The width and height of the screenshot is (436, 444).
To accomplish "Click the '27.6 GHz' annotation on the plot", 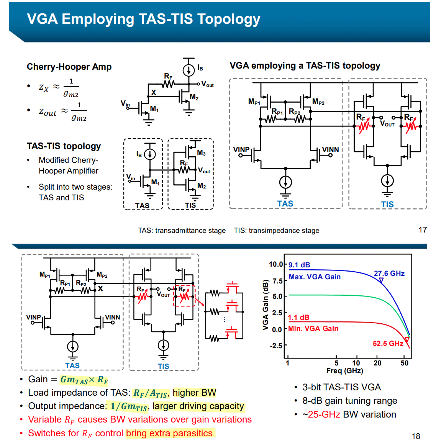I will click(389, 273).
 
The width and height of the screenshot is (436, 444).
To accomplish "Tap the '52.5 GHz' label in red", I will click(388, 343).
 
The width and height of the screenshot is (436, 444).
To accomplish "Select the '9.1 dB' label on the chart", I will click(299, 265).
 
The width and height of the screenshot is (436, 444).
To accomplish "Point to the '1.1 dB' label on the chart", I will click(298, 317).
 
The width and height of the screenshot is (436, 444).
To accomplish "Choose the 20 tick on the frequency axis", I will click(377, 363).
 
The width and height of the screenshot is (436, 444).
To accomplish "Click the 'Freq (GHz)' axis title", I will click(344, 370).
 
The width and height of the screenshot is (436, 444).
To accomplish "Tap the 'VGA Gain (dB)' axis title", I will click(265, 305).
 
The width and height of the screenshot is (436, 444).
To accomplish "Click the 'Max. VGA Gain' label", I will click(315, 277).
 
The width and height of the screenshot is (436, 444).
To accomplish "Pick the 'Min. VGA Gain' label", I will click(313, 328).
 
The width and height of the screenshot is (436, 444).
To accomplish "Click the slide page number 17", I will click(423, 230).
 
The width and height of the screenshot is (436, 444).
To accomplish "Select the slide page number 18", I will click(416, 436).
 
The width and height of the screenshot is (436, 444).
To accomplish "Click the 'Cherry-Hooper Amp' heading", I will click(69, 67).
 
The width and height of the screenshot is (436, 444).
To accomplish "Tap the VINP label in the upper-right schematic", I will click(241, 149).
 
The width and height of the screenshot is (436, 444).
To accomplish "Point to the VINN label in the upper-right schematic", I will click(330, 149).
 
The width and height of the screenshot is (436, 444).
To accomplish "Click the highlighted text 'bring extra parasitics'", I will click(169, 433).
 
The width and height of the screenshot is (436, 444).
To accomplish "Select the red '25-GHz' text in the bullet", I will click(324, 415).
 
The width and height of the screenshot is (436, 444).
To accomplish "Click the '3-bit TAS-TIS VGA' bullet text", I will click(341, 387).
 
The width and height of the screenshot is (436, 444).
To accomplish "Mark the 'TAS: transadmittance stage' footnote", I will click(182, 231).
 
